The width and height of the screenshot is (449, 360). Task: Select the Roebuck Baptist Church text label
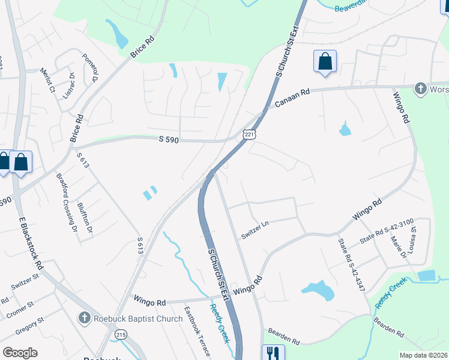click(138, 319)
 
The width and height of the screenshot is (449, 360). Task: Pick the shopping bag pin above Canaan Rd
click(325, 61)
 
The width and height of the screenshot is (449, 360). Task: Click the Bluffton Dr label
click(85, 218)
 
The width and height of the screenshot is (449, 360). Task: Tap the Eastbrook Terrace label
click(197, 332)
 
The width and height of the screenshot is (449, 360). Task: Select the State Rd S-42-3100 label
click(386, 232)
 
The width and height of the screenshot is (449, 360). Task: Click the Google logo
click(20, 352)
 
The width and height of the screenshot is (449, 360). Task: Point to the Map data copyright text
click(423, 355)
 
